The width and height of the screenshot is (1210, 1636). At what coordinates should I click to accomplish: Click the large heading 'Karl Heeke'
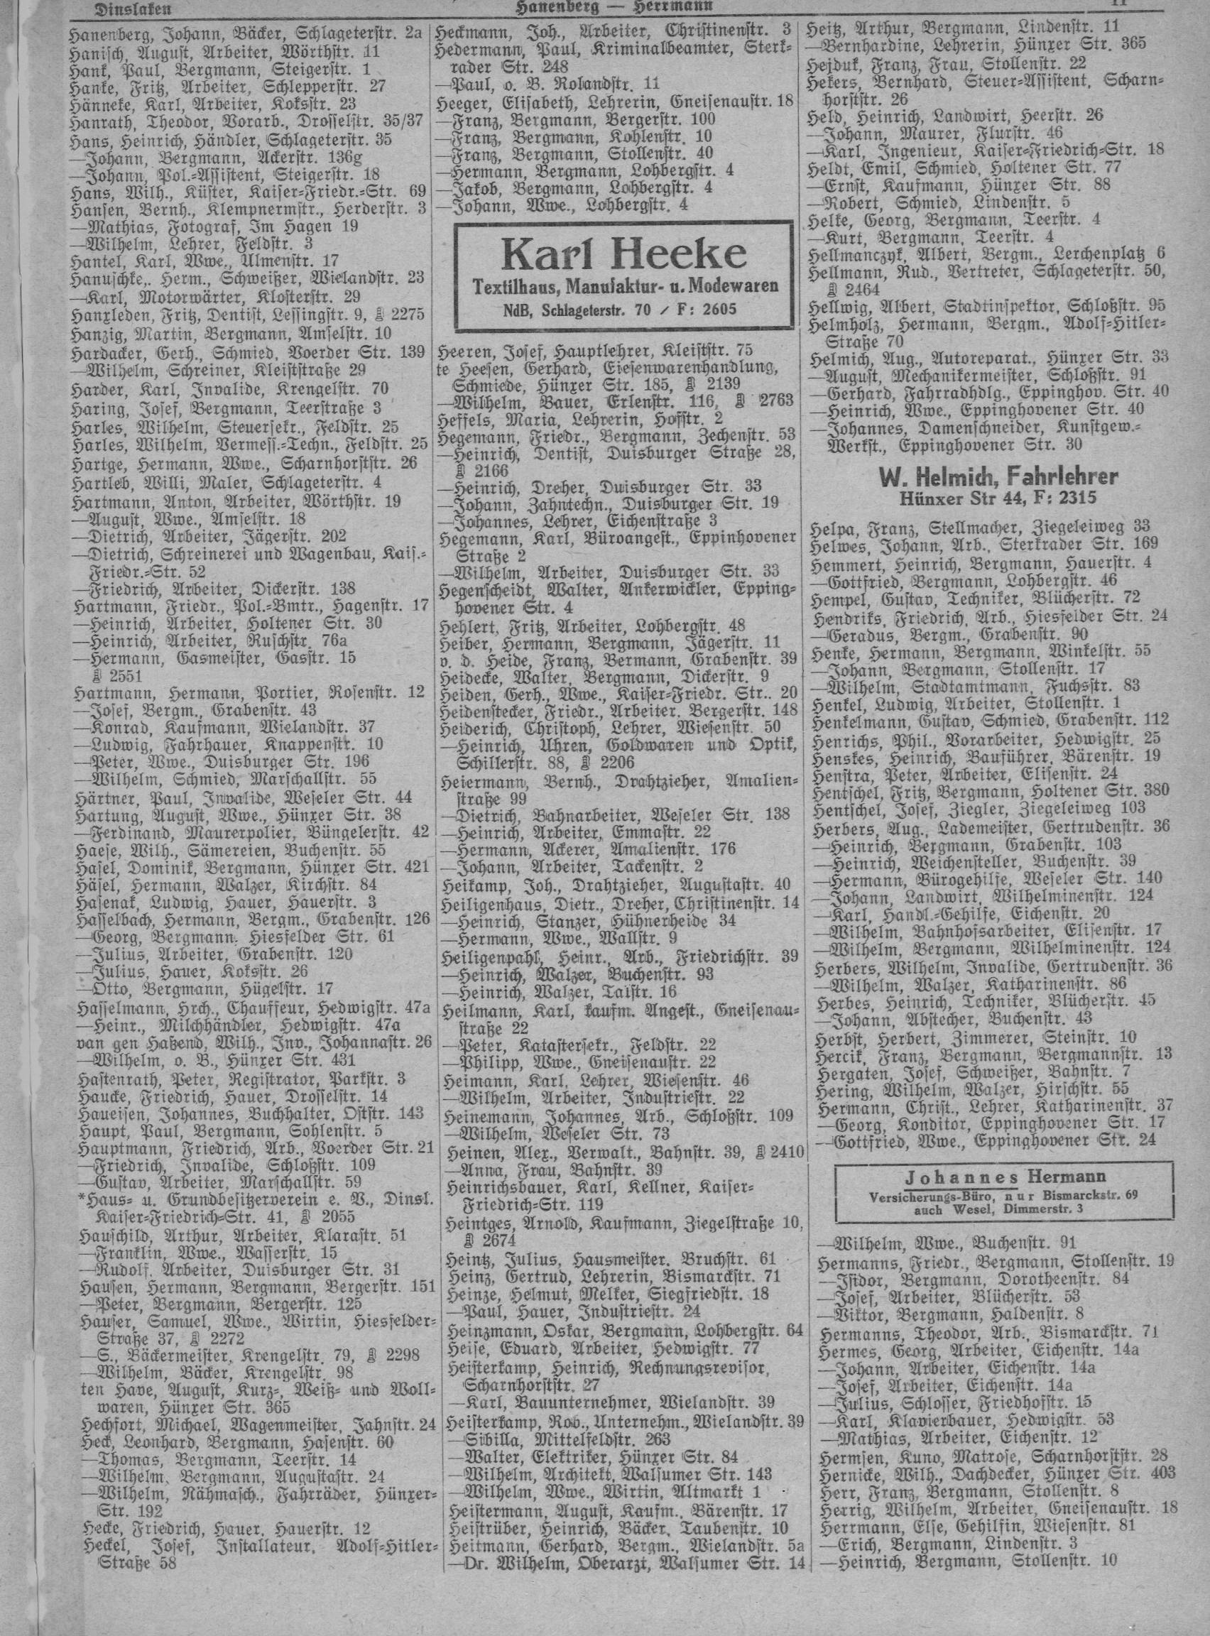point(624,255)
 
